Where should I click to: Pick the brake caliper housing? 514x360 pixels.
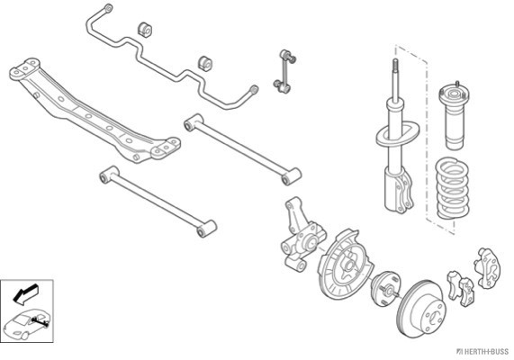(x=488, y=267)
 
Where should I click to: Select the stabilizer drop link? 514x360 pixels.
(x=284, y=71)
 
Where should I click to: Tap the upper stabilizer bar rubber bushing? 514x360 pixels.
(x=145, y=29)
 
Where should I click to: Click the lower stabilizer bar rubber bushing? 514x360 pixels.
(x=205, y=63)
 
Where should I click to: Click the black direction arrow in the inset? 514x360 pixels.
(x=25, y=293)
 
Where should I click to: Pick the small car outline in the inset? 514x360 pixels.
(x=27, y=324)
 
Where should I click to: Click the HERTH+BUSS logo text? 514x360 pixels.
(x=483, y=351)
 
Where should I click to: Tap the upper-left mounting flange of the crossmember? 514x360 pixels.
(x=25, y=68)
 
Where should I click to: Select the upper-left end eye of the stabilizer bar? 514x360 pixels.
(x=107, y=8)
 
